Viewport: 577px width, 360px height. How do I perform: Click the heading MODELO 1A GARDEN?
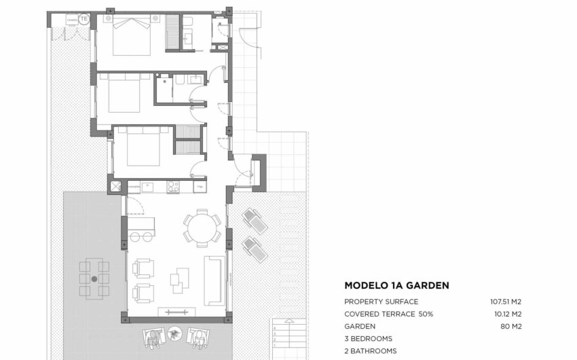click(x=396, y=286)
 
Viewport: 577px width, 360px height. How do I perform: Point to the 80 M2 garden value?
click(x=515, y=326)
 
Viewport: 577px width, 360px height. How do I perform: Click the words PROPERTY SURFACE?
click(x=381, y=302)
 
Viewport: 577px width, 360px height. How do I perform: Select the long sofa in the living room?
click(x=215, y=279)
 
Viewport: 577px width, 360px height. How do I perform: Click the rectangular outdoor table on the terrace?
click(x=94, y=278)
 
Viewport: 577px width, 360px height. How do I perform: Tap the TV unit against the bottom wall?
click(x=176, y=312)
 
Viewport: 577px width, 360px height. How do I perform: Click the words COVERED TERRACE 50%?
click(x=388, y=314)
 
